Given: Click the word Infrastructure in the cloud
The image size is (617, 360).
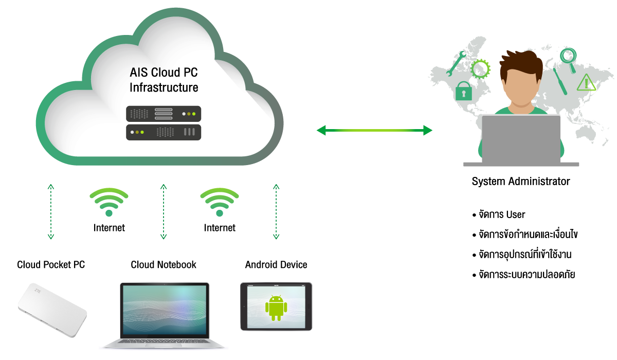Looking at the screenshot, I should [164, 87].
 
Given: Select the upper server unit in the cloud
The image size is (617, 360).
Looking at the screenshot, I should [164, 114].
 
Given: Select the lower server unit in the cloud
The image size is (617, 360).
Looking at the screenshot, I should [164, 132].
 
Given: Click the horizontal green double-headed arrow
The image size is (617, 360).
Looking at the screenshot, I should [374, 131].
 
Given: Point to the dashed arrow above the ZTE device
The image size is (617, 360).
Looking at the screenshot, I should [51, 211].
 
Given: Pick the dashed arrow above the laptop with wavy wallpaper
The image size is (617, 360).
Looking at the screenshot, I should [164, 211].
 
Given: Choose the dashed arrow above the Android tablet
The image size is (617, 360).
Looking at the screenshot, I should [276, 211].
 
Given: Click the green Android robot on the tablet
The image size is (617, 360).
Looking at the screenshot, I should [276, 308].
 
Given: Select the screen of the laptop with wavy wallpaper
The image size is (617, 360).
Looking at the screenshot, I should [164, 311].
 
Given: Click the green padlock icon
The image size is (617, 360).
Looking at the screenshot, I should [463, 92].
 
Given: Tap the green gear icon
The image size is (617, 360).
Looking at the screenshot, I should [481, 68].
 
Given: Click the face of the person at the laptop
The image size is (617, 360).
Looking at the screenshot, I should [521, 85].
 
